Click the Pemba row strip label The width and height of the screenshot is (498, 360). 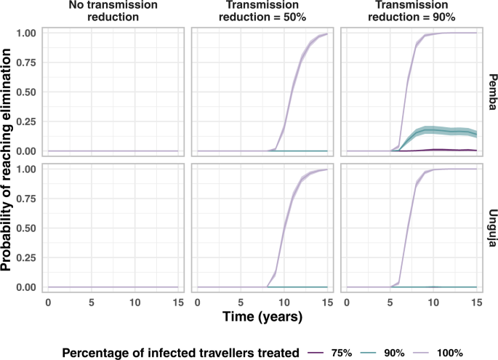[x=491, y=92]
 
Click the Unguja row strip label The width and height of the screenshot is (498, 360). [x=491, y=227]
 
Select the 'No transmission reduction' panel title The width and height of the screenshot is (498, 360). [x=113, y=12]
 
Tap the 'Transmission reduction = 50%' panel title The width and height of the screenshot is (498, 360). [x=261, y=12]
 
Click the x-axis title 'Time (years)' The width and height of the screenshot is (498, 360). [x=261, y=317]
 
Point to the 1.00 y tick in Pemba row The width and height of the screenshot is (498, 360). [x=27, y=33]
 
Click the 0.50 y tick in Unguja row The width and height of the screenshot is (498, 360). [x=27, y=228]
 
